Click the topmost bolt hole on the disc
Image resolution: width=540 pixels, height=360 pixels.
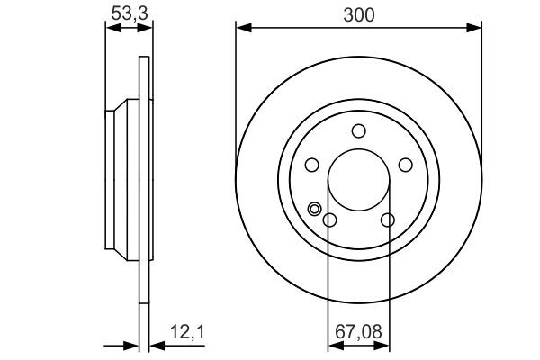coord(358,130)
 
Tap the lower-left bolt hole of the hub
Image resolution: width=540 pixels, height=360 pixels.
coord(329,220)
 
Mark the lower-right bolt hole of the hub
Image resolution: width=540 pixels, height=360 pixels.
coord(387,220)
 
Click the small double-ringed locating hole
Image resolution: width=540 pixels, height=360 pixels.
coord(315,210)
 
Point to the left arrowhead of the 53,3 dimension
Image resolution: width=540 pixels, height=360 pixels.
coord(112,29)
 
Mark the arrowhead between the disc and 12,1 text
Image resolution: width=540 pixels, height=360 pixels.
coord(152,345)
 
